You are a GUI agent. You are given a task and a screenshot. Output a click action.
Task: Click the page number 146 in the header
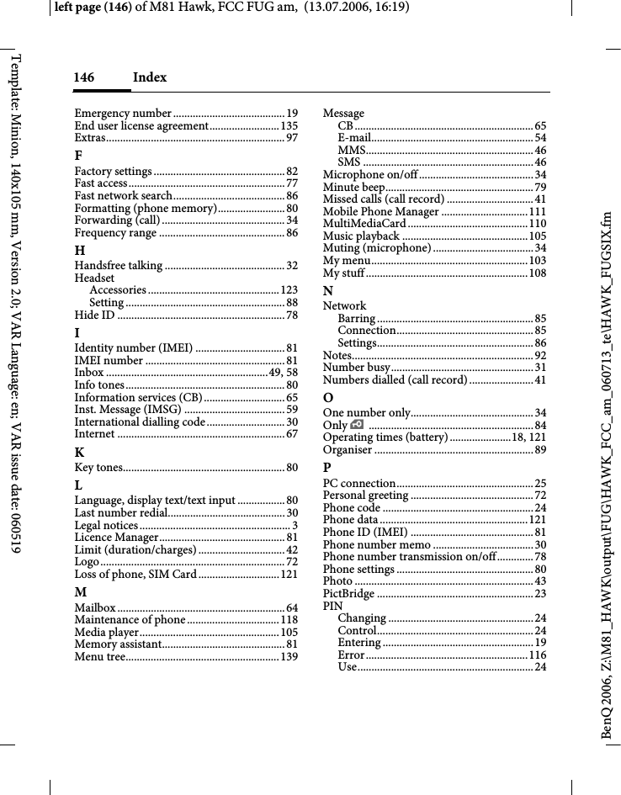point(83,77)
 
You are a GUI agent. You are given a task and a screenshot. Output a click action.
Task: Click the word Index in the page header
point(150,77)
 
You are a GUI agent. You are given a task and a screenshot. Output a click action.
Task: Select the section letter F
point(78,156)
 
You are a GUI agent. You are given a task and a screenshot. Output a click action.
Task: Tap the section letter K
point(78,452)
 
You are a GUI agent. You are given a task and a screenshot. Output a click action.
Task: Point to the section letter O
point(328,397)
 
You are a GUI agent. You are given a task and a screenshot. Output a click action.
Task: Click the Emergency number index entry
point(123,114)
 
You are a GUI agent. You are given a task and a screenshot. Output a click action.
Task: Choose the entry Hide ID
point(95,315)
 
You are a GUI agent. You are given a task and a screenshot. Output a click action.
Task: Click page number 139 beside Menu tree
point(288,656)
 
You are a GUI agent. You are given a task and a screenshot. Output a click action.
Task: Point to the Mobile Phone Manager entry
point(381,212)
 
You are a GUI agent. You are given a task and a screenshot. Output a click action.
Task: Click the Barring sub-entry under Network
point(356,319)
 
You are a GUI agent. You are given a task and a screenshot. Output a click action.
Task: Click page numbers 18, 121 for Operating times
point(528,438)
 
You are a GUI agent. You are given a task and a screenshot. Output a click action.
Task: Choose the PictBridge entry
point(349,594)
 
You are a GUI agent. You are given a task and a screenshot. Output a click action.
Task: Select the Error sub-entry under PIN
point(351,655)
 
